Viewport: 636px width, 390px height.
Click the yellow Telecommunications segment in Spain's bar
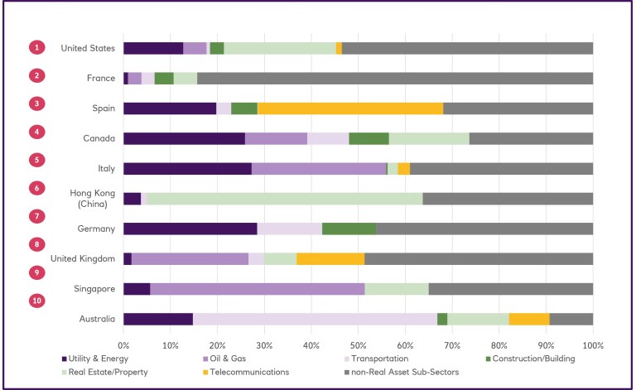pyautogui.click(x=350, y=108)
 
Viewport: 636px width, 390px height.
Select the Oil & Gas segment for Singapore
pyautogui.click(x=258, y=289)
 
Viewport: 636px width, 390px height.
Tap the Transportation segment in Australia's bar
pyautogui.click(x=315, y=319)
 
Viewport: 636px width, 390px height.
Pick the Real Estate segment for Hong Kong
pyautogui.click(x=284, y=199)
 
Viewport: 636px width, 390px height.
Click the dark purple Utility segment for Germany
pyautogui.click(x=190, y=229)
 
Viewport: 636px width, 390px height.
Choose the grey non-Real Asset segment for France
pyautogui.click(x=394, y=78)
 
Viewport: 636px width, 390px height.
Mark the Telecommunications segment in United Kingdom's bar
pyautogui.click(x=330, y=258)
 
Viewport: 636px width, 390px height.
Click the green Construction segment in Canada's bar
pyautogui.click(x=369, y=138)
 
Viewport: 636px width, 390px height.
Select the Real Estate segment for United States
pyautogui.click(x=280, y=48)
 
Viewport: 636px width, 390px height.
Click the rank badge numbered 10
pyautogui.click(x=36, y=301)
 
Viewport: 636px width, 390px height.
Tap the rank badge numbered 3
pyautogui.click(x=36, y=104)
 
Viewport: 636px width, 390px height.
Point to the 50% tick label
pyautogui.click(x=358, y=344)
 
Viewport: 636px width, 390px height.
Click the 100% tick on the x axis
pyautogui.click(x=592, y=344)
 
